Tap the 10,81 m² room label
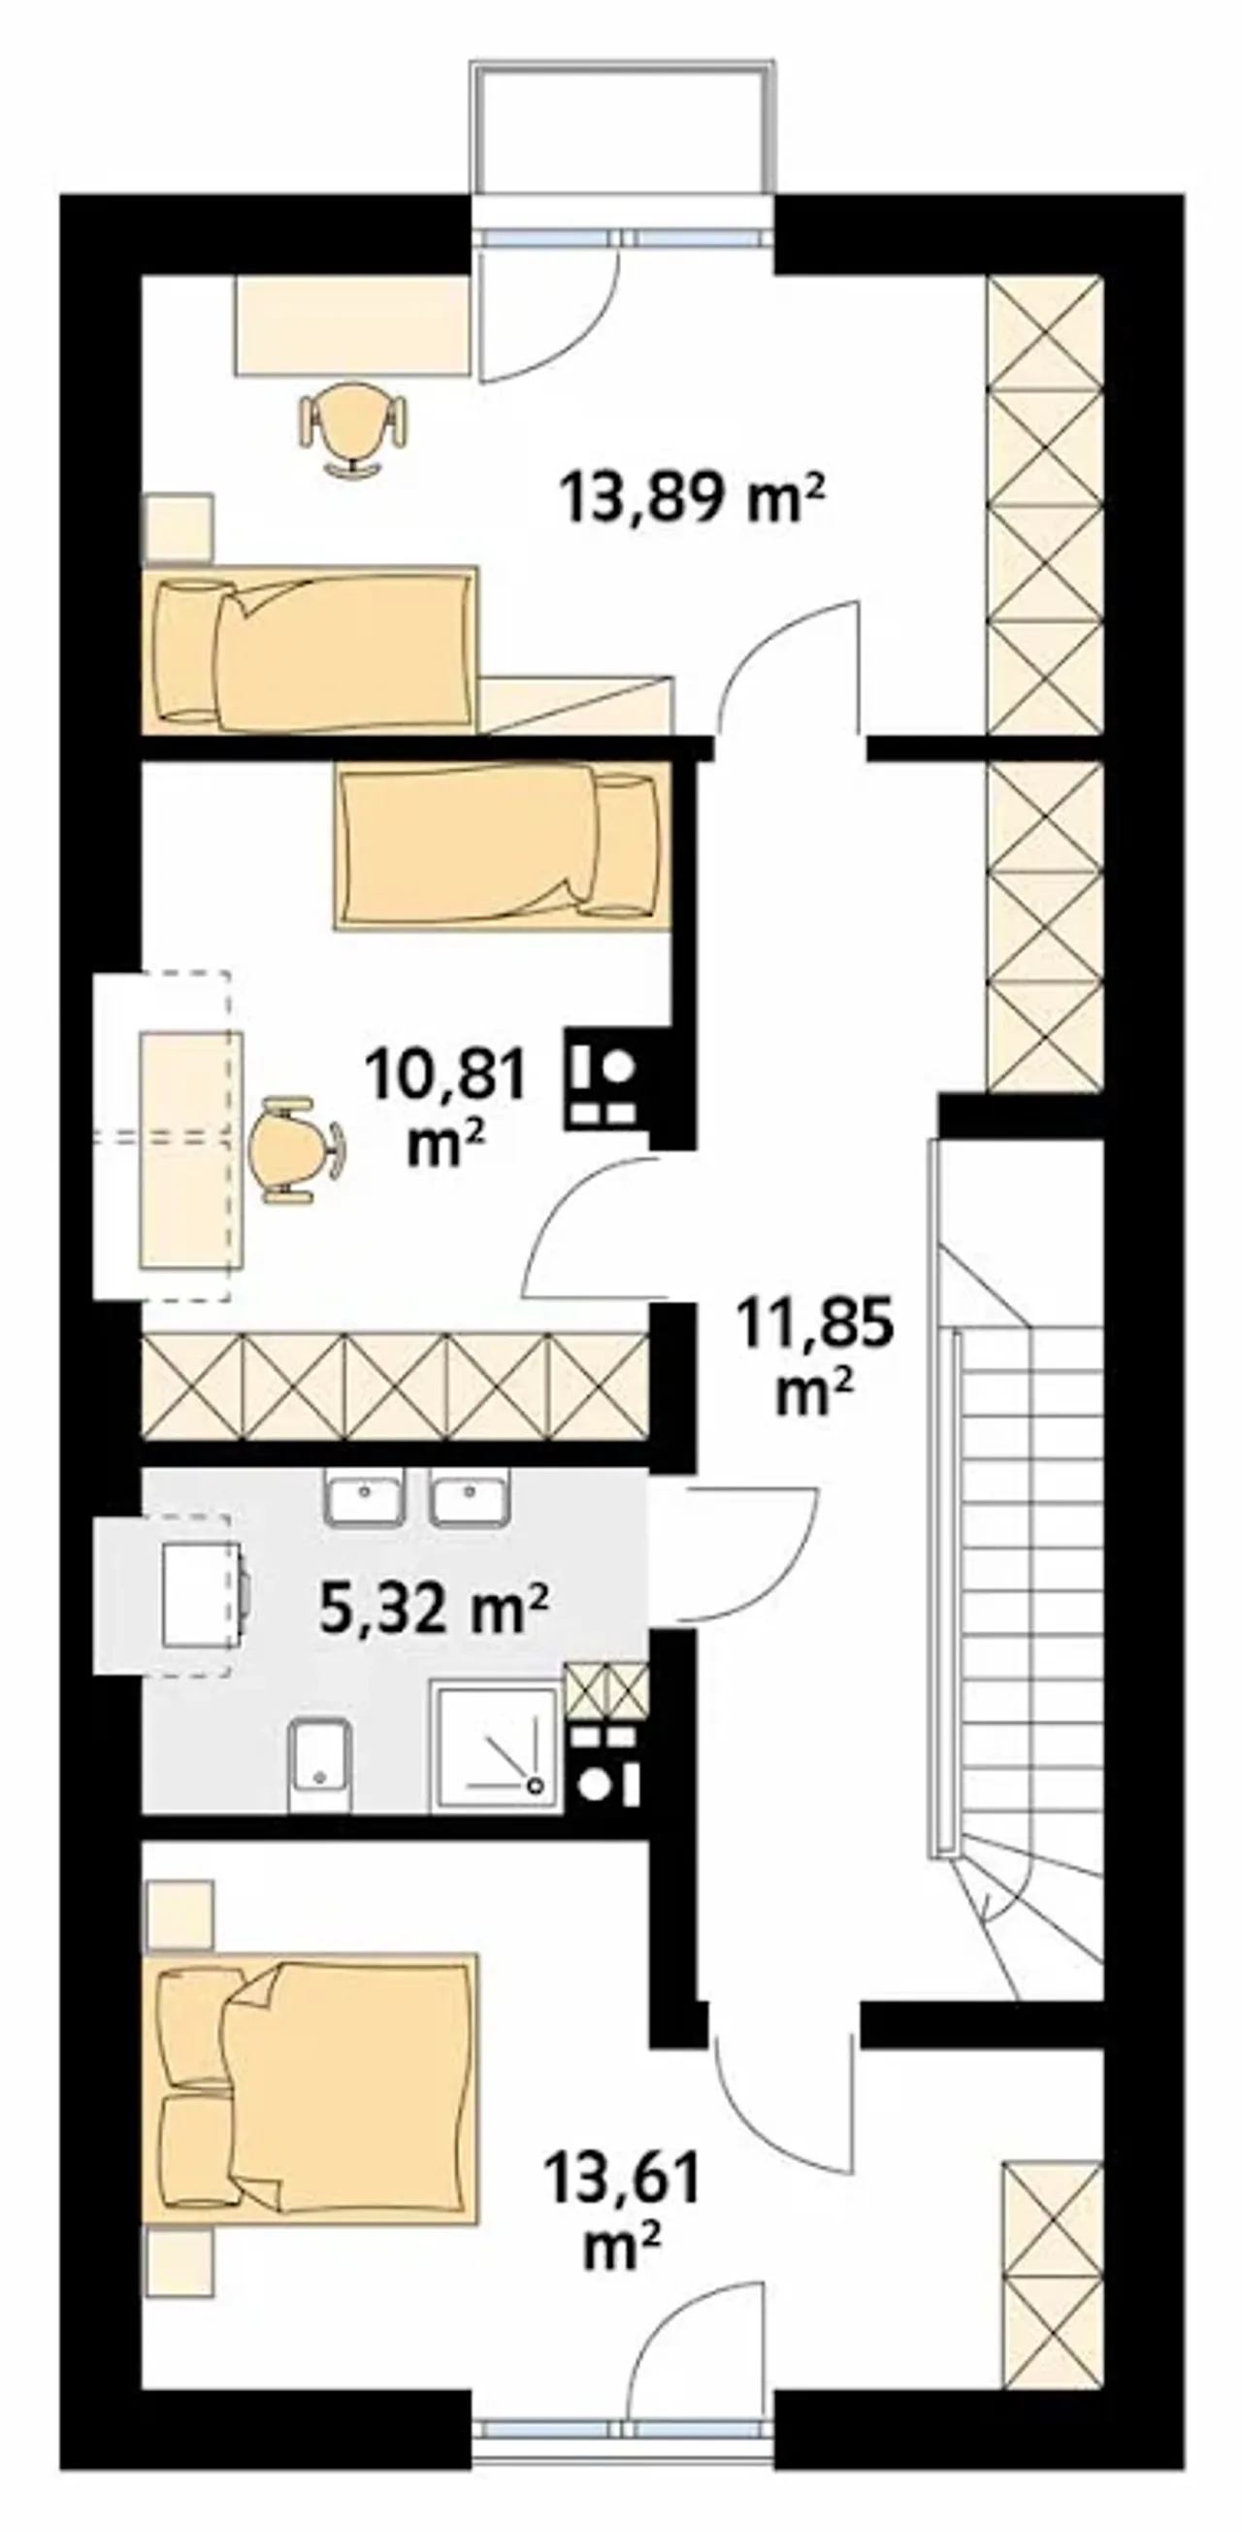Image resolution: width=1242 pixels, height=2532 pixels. (445, 1108)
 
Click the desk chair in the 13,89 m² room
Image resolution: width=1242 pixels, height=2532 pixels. (352, 427)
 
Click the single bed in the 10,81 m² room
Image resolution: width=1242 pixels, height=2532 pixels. (503, 847)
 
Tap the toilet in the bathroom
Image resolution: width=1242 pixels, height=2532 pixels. (321, 1763)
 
